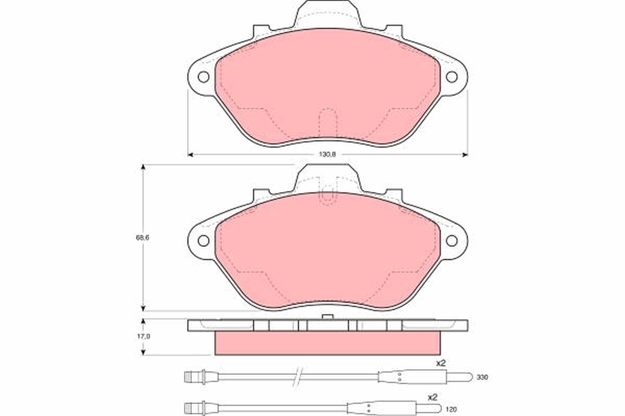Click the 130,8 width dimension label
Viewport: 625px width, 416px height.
(327, 154)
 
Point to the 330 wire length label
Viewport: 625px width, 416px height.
(482, 376)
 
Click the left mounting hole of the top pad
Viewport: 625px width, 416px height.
(204, 77)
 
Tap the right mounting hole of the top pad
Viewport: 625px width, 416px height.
(452, 77)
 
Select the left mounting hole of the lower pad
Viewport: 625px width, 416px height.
(204, 241)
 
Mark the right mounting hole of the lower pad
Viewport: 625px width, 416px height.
(452, 241)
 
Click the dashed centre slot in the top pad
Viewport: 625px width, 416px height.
(328, 122)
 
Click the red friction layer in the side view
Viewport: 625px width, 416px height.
(327, 343)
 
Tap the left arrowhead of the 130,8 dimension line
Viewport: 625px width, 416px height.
(190, 154)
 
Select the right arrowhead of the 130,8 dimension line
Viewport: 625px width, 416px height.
(465, 154)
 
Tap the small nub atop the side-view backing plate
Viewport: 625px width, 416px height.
(327, 317)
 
